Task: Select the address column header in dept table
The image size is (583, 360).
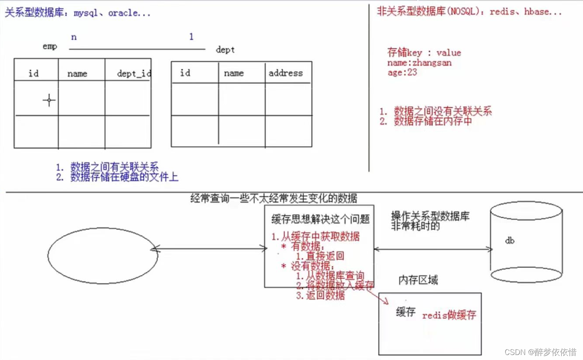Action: click(285, 73)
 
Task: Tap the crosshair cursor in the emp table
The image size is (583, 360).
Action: click(49, 100)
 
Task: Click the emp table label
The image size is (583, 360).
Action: click(50, 47)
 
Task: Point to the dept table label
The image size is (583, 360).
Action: click(225, 50)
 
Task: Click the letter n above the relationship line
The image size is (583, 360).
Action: click(74, 37)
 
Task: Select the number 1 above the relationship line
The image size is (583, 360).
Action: click(191, 37)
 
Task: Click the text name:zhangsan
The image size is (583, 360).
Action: click(419, 63)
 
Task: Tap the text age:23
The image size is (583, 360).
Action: click(402, 72)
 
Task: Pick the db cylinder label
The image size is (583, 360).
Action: click(510, 241)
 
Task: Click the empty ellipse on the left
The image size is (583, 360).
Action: click(103, 255)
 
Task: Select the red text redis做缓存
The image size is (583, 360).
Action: click(449, 315)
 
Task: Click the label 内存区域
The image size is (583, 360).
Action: click(418, 280)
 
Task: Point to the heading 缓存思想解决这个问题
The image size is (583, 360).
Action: click(320, 219)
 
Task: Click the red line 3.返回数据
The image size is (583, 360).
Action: click(320, 295)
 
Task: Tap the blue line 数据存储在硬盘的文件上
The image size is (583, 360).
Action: click(124, 177)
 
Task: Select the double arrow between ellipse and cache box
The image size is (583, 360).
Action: click(209, 249)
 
